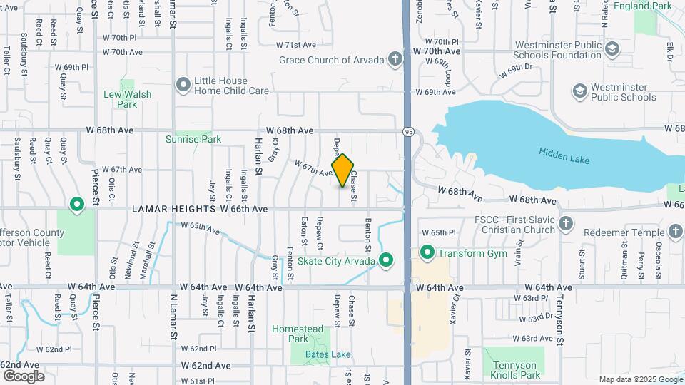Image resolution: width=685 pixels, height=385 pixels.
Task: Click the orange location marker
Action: pos(343,171)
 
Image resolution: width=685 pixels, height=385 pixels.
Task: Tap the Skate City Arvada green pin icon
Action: pos(386,260)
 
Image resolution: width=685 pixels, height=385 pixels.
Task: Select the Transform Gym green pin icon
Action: pos(427,252)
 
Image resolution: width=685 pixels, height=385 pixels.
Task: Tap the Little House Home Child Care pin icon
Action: pos(183,86)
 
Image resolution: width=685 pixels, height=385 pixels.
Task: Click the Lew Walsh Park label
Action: pos(127,99)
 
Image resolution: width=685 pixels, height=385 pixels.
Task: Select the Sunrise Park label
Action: pos(188,139)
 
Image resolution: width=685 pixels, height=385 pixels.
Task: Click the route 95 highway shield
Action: pos(407,132)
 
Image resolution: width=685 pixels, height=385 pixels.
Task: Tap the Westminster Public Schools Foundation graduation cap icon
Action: pos(612,48)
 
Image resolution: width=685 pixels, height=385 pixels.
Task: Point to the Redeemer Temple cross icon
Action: pos(675,232)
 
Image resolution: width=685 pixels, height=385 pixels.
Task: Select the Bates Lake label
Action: pos(328,354)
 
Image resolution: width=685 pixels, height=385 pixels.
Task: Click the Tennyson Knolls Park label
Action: pos(516,370)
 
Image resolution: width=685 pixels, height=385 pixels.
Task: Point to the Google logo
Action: pos(24,376)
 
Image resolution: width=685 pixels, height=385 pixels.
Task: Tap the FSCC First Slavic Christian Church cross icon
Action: pos(565,224)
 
